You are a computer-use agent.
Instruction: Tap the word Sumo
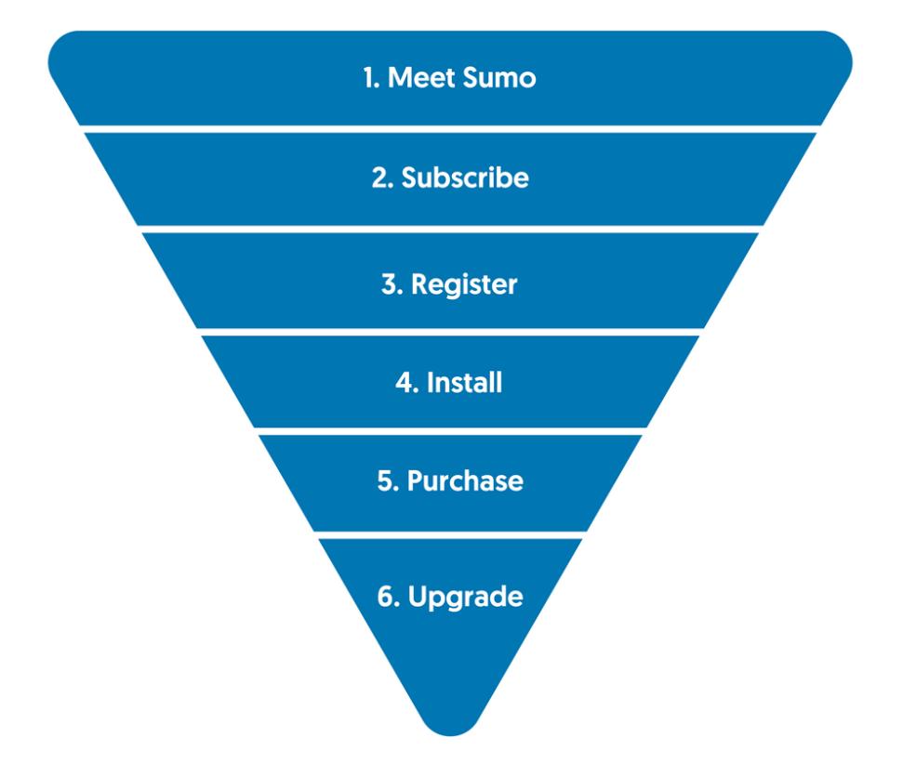pos(498,78)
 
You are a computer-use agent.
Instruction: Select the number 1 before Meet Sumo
pos(371,78)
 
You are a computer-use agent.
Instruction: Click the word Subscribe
pos(465,178)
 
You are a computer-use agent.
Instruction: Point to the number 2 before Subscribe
pos(382,178)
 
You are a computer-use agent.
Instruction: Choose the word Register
pos(464,285)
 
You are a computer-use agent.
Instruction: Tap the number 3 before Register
pos(392,284)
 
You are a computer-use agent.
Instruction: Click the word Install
pos(464,383)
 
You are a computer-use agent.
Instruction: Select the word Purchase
pos(465,480)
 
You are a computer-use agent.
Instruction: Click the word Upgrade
pos(465,598)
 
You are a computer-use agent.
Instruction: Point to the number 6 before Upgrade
pos(389,596)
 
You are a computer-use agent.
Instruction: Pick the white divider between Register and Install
pos(450,332)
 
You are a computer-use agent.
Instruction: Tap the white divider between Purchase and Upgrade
pos(450,535)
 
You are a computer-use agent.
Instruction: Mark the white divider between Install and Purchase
pos(450,431)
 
